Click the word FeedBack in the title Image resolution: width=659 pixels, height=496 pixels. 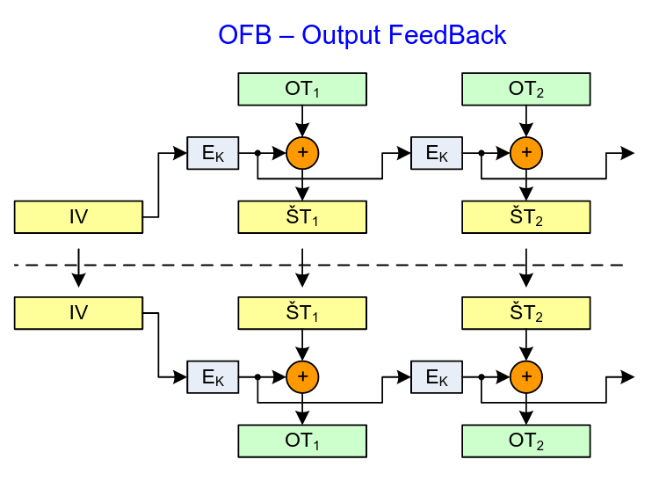pos(448,35)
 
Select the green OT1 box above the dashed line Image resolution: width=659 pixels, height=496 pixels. pos(302,89)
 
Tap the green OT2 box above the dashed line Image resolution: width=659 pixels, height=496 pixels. pos(526,89)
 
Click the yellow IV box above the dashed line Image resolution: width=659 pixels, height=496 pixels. pos(78,216)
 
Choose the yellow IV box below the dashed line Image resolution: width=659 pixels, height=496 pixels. pos(78,312)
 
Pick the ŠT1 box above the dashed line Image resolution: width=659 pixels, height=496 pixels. pos(302,216)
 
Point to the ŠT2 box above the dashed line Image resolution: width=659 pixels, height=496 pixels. pos(526,216)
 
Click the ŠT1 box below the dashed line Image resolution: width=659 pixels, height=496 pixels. pos(302,312)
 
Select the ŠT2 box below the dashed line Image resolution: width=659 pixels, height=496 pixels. pos(526,312)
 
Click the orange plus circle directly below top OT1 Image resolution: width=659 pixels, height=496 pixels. pos(302,153)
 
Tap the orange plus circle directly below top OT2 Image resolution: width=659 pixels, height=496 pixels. pos(526,153)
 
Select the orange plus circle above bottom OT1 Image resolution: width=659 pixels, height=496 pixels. pos(302,377)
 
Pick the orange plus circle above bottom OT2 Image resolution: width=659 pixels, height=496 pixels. pos(526,377)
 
